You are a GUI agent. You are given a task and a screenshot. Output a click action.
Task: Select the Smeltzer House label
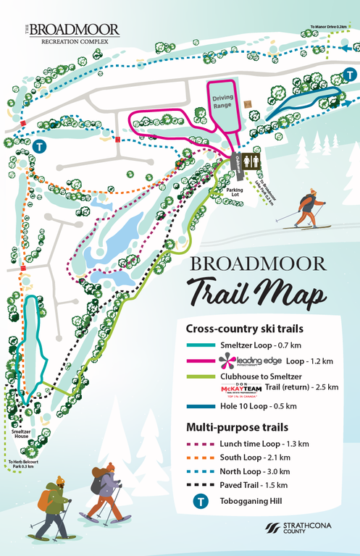(20, 434)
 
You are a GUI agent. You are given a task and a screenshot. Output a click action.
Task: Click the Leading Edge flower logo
(204, 361)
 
